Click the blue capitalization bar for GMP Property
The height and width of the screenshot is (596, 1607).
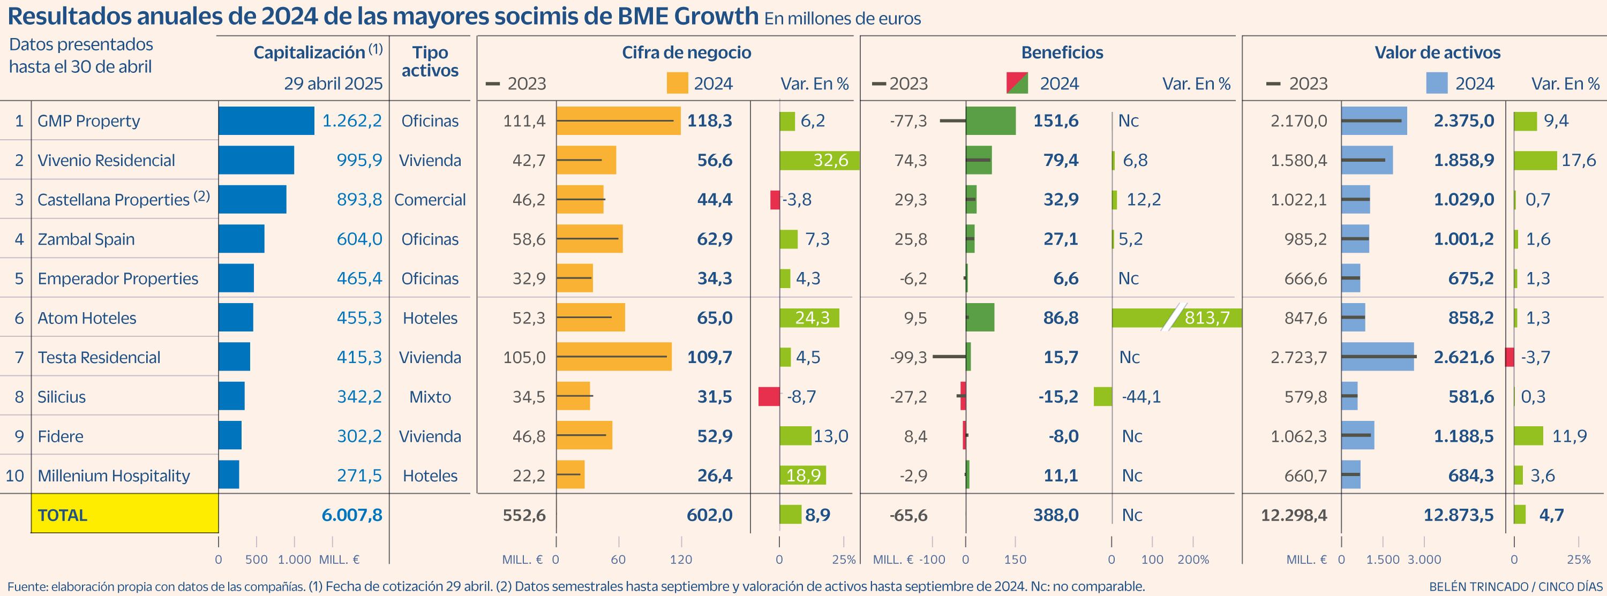[x=266, y=121]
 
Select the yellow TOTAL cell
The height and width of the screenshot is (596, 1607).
[x=125, y=513]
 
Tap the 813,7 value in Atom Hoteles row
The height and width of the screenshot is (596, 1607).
[x=1207, y=318]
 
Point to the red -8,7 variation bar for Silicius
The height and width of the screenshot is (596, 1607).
[x=769, y=396]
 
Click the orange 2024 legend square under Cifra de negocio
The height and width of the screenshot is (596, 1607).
[x=677, y=83]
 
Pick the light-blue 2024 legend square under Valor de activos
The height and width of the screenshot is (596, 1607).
[x=1437, y=83]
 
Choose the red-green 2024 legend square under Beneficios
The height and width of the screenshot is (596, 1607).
[x=1017, y=83]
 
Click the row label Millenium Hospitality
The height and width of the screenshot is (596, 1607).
[x=114, y=476]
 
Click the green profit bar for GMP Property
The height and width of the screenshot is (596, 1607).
[x=990, y=121]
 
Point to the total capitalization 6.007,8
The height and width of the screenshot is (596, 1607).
[x=352, y=515]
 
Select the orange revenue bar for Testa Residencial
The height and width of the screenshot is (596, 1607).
[x=614, y=357]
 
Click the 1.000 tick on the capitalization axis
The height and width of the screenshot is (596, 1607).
[x=295, y=559]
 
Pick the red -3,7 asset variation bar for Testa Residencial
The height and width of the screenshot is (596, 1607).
[x=1510, y=357]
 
